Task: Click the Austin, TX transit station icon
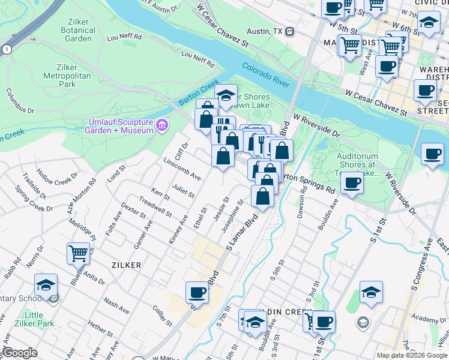pos(289,31)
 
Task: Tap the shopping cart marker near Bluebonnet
pos(78,253)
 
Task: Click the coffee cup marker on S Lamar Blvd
pos(196,292)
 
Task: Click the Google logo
pos(20,353)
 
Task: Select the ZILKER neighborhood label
pos(125,265)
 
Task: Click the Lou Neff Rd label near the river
pos(197,59)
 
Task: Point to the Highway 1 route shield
pos(6,50)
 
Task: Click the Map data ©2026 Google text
pos(411,355)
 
